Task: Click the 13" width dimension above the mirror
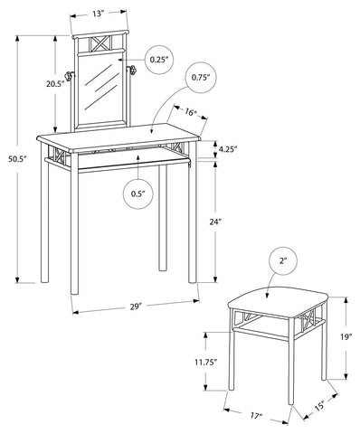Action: tap(97, 14)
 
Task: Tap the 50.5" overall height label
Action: tap(18, 159)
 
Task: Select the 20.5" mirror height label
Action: tap(55, 84)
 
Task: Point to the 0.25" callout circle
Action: tap(159, 60)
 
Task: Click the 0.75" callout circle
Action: tap(201, 78)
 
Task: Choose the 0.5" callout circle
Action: tap(138, 193)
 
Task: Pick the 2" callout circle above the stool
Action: tap(282, 261)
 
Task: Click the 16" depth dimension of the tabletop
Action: tap(191, 113)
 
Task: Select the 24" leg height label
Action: tap(215, 222)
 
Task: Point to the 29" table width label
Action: tap(136, 307)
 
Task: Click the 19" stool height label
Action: tap(346, 337)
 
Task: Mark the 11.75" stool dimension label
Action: tap(206, 362)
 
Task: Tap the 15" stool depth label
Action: tap(319, 406)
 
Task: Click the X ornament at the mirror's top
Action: tap(101, 44)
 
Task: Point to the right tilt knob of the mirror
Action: tap(132, 71)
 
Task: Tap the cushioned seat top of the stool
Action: tap(278, 302)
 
